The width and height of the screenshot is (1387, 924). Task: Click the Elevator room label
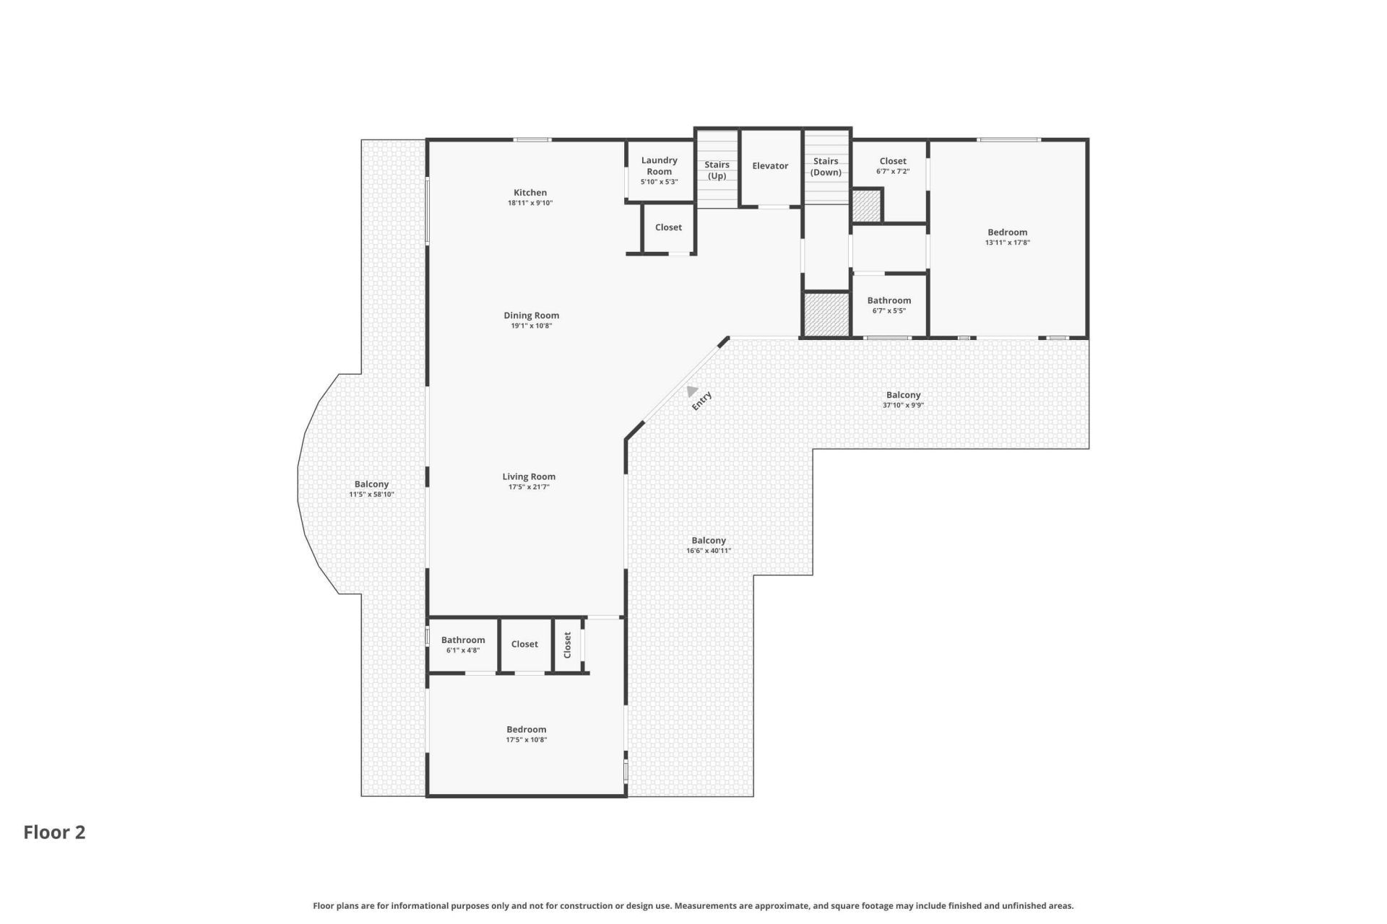[x=770, y=166]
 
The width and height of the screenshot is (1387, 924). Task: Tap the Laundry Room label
[x=659, y=166]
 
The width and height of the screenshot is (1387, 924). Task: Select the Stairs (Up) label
[x=717, y=170]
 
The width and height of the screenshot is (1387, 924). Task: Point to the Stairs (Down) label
[x=826, y=167]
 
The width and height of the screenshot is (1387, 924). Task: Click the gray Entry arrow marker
[x=691, y=391]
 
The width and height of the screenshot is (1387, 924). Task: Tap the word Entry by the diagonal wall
[x=701, y=401]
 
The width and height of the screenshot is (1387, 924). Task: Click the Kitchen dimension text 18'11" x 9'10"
[x=530, y=204]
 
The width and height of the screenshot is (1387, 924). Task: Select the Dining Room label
[x=532, y=315]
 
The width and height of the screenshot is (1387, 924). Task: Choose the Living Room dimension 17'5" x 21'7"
[x=529, y=487]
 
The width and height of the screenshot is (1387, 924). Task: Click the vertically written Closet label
[x=567, y=645]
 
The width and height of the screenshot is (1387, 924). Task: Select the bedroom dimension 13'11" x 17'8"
[x=1008, y=243]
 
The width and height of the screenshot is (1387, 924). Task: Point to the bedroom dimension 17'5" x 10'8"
[x=527, y=740]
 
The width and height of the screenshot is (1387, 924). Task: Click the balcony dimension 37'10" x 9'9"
[x=903, y=406]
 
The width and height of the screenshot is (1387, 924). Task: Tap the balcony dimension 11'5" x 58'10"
[x=371, y=494]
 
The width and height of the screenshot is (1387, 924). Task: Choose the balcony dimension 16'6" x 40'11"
[x=709, y=551]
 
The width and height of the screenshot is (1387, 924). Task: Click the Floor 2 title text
[x=54, y=832]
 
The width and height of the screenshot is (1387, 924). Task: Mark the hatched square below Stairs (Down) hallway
[x=826, y=314]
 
